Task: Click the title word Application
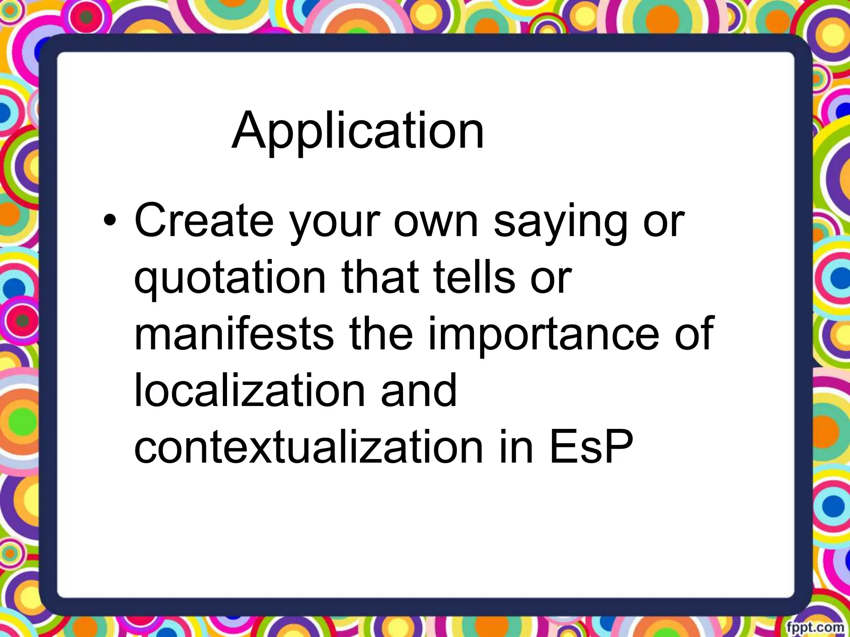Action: tap(357, 131)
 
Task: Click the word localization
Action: tap(249, 390)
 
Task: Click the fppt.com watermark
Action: tap(816, 627)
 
